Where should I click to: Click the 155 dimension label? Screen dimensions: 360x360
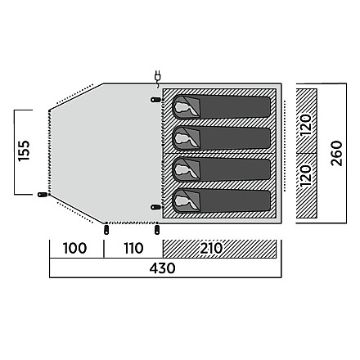24,151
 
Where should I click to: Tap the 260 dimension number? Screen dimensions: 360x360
336,153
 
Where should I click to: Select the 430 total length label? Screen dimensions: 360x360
162,268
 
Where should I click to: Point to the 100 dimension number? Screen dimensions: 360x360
74,248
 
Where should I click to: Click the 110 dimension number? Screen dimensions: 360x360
133,248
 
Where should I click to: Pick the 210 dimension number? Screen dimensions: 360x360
211,248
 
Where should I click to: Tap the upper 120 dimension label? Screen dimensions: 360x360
306,125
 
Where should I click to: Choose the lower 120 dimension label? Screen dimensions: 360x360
306,176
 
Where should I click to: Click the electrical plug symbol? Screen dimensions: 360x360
157,79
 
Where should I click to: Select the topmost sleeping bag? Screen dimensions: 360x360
222,107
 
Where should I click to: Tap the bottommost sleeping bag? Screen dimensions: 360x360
222,200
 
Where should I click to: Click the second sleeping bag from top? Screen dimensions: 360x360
222,138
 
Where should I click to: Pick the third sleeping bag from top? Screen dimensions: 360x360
222,169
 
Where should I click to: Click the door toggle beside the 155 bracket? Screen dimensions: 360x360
43,195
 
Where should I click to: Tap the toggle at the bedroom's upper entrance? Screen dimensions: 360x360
155,100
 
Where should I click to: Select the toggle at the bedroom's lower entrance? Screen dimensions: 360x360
155,207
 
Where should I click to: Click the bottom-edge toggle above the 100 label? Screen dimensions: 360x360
106,230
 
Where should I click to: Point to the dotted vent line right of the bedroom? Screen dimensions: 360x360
285,146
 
